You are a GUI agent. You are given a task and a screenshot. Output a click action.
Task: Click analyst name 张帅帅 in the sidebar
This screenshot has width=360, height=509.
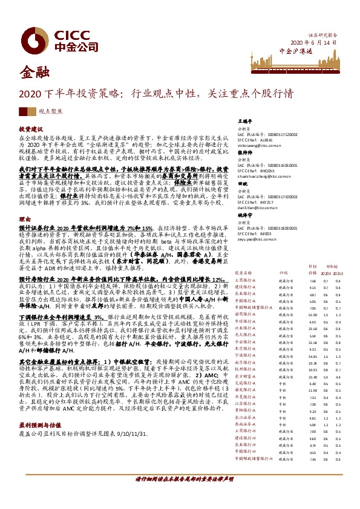(244, 153)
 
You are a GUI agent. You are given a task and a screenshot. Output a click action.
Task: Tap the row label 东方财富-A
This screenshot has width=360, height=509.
(247, 377)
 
